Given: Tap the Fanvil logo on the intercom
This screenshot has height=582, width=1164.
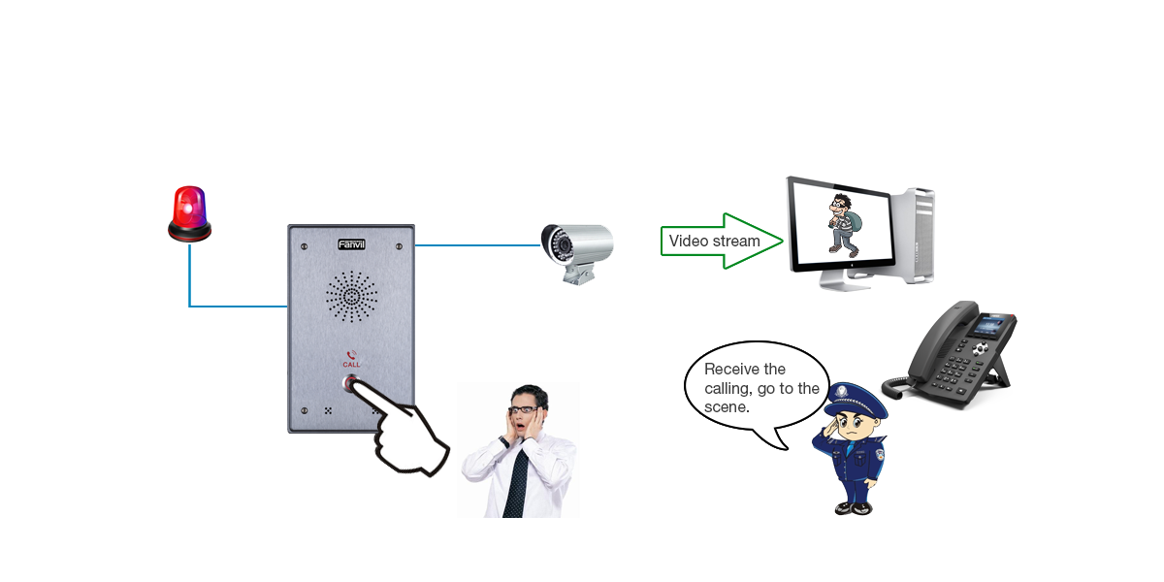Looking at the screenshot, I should (351, 244).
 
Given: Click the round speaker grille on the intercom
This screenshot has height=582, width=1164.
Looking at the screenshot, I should (351, 295).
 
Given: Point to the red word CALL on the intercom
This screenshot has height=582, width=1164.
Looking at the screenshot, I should (351, 364).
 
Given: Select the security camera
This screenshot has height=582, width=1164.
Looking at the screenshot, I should (576, 243).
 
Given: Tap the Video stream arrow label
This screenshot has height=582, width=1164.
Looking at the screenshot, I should (715, 241).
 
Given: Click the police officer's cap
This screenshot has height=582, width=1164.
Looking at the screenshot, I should (856, 397).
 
